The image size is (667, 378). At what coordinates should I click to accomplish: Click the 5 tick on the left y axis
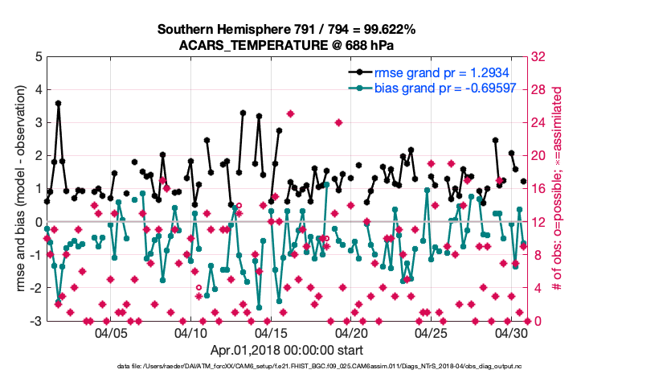point(38,57)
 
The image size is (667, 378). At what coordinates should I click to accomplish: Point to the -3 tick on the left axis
point(36,321)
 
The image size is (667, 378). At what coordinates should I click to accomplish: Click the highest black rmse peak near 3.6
point(58,104)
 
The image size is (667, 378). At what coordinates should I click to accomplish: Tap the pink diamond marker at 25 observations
point(290,114)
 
